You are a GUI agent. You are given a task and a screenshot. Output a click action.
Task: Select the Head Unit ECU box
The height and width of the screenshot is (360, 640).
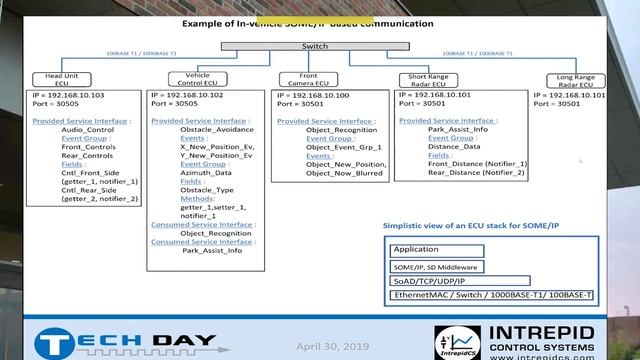[62, 79]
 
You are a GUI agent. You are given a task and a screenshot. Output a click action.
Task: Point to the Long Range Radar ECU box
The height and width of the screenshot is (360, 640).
[576, 80]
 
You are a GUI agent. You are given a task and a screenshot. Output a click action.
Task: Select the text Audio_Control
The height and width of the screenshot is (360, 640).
[87, 129]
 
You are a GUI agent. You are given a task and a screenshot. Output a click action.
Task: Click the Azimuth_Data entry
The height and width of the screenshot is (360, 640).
[206, 172]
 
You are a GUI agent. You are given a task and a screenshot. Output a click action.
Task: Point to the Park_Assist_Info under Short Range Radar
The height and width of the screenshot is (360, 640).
[458, 129]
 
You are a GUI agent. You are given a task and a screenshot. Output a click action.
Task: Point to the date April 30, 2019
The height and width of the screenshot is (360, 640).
[332, 345]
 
